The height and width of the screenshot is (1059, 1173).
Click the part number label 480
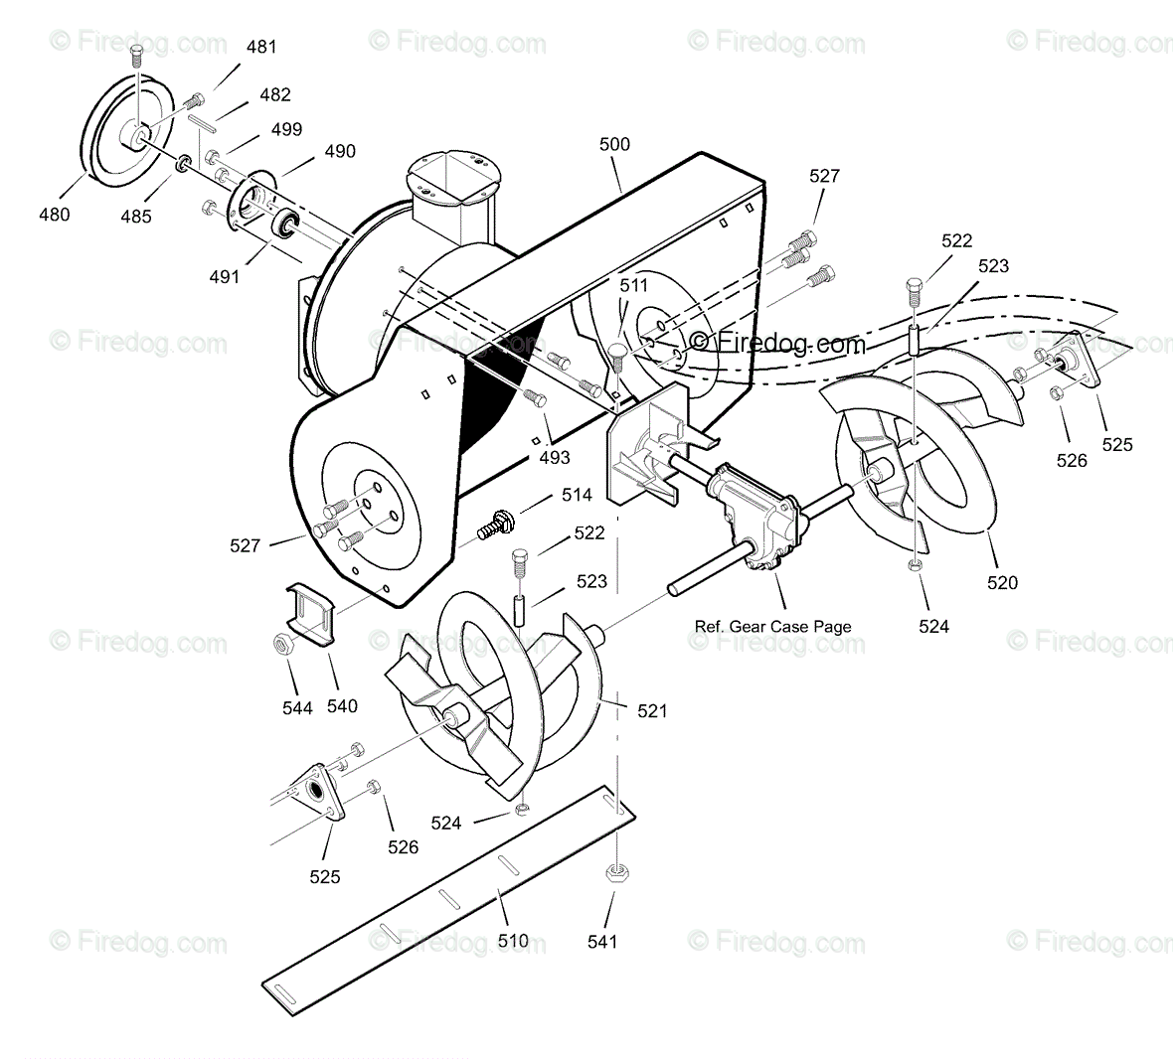tap(55, 214)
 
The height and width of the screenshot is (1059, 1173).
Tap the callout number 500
tap(614, 144)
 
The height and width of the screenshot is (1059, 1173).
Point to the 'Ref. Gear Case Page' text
tap(772, 626)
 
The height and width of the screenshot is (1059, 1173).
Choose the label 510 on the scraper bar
tap(513, 940)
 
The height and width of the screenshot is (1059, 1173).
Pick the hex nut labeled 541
tap(614, 875)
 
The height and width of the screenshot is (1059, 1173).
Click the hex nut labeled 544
tap(281, 644)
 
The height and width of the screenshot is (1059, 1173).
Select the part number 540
tap(342, 706)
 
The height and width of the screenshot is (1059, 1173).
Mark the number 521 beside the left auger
tap(652, 711)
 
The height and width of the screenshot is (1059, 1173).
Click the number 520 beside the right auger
tap(1002, 582)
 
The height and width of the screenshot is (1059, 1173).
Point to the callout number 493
tap(555, 457)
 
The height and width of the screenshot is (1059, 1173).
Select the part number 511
tap(633, 286)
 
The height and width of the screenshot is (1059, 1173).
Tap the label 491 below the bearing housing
tap(225, 277)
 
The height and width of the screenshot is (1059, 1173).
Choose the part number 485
tap(136, 215)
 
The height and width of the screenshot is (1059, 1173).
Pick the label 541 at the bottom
tap(602, 941)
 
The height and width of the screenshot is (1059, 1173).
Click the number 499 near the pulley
tap(286, 129)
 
